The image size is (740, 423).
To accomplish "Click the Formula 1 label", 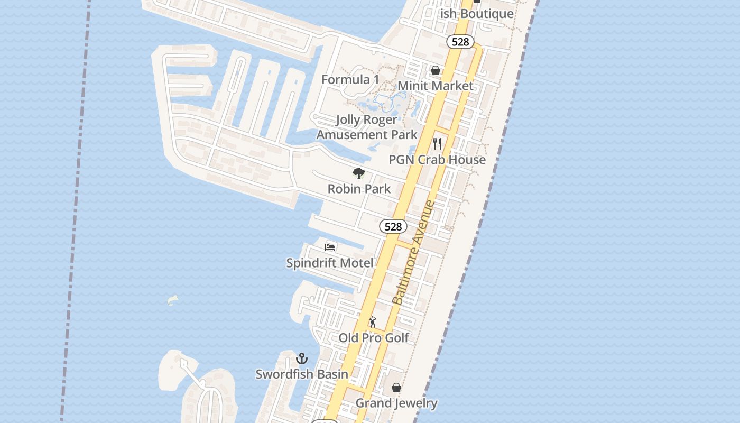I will click(x=350, y=80).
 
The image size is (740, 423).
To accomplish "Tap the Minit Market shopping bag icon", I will click(x=436, y=70).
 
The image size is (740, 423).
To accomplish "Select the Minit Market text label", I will click(x=435, y=86).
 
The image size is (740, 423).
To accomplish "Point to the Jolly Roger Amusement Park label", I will click(x=367, y=127).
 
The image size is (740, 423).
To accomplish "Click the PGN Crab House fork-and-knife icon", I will click(x=437, y=143).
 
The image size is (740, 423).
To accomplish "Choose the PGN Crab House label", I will click(x=437, y=160).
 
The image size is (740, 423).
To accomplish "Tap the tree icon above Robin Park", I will click(x=359, y=173).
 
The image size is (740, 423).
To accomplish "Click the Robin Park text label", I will click(x=359, y=189).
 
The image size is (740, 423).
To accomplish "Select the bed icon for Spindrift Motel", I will click(x=330, y=247).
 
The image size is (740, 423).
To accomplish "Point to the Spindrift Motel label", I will click(x=330, y=263).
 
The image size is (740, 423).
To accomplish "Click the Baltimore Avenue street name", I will click(x=414, y=253).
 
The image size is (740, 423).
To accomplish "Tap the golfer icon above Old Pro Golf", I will click(x=373, y=322).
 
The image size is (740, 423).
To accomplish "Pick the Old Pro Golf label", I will click(x=374, y=337).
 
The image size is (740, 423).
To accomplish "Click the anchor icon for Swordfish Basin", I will click(x=302, y=359).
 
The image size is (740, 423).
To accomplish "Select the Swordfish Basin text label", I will click(x=302, y=374).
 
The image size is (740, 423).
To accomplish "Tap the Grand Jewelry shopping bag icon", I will click(x=396, y=388).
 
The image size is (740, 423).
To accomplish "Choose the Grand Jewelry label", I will click(x=396, y=403).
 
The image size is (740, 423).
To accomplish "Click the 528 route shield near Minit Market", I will click(x=460, y=42).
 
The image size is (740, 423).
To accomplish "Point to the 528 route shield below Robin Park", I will click(x=393, y=226).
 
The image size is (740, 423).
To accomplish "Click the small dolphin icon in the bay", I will click(x=173, y=301).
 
